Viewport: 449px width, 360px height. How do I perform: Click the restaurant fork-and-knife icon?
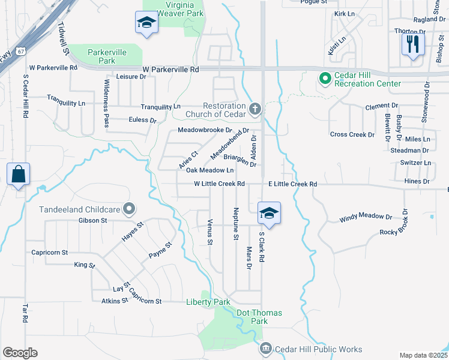pos(413,44)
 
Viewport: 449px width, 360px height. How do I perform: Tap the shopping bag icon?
pos(19,175)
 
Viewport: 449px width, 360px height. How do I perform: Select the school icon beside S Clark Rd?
pos(269,213)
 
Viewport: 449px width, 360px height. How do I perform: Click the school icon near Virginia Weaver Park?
pos(145,23)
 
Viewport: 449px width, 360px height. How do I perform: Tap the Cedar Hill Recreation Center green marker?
pos(325,78)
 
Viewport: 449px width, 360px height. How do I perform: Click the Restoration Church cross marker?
pos(255,109)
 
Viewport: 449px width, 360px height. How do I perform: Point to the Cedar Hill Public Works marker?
pos(265,349)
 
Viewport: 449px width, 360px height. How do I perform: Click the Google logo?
pos(20,353)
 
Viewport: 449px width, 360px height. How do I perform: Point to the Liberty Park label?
pos(208,302)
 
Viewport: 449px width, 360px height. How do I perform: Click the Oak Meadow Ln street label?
pos(205,170)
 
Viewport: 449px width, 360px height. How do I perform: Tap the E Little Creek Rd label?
pos(292,184)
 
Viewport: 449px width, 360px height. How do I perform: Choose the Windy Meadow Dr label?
pos(365,217)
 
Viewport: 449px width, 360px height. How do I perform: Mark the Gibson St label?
pos(92,220)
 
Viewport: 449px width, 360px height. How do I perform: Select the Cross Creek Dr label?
pos(352,134)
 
